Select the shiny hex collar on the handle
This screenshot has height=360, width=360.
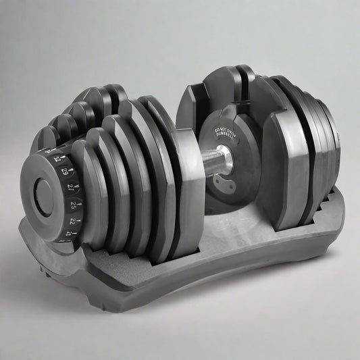click(x=226, y=161)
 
